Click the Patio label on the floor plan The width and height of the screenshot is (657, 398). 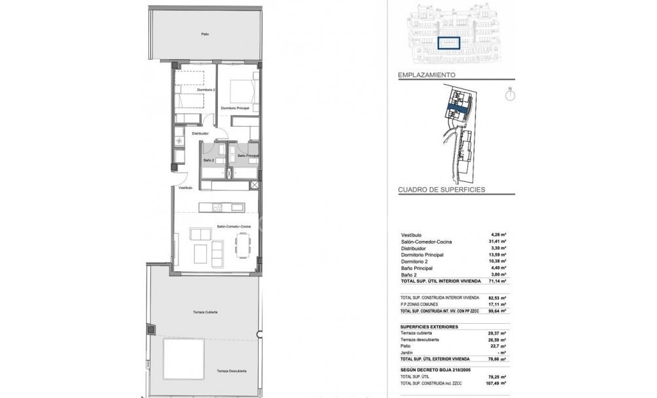(x=206, y=35)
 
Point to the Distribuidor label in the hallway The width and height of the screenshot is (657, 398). (x=200, y=133)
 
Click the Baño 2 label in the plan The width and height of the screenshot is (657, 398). (x=210, y=160)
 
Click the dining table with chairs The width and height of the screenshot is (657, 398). (x=242, y=248)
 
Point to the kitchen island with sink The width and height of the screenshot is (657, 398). (x=223, y=209)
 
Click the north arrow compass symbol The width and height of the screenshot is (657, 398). (x=509, y=95)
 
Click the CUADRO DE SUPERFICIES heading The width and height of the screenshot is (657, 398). (x=441, y=189)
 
